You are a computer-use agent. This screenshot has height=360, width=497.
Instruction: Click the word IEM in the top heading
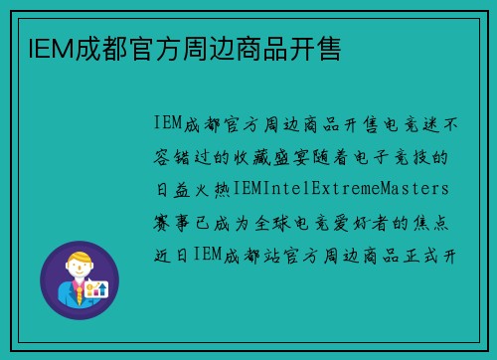tap(38, 47)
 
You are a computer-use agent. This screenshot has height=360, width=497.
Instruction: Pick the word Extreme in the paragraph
tap(341, 188)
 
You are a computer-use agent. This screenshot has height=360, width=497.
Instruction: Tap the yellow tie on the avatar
tap(78, 292)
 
